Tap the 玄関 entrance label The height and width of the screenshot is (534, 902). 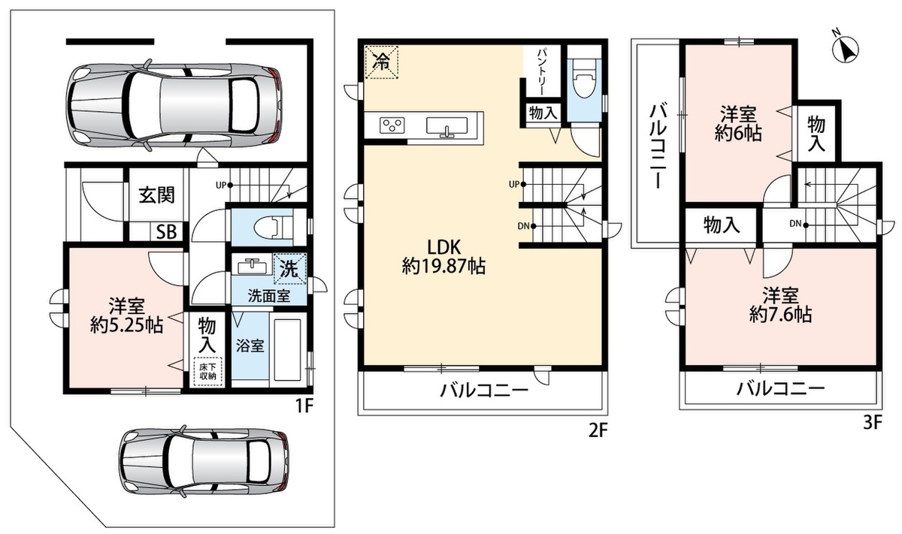click(157, 195)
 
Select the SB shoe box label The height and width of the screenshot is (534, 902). click(166, 232)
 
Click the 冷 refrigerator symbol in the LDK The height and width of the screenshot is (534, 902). click(381, 62)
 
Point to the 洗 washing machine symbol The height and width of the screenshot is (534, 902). click(289, 269)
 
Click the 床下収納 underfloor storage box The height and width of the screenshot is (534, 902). click(208, 372)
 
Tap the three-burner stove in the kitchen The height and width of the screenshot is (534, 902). click(392, 125)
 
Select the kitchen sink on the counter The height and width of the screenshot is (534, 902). click(447, 125)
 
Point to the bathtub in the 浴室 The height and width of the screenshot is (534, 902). click(287, 351)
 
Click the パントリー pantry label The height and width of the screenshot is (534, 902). click(542, 71)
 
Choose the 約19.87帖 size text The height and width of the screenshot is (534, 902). click(443, 266)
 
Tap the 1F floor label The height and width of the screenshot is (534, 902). click(304, 407)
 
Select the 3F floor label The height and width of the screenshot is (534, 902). click(873, 423)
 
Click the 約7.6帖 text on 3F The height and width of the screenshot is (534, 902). click(781, 314)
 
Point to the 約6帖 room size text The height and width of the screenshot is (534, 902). click(738, 133)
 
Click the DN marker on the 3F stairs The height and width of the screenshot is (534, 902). click(799, 224)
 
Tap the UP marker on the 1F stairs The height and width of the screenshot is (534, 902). click(224, 186)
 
